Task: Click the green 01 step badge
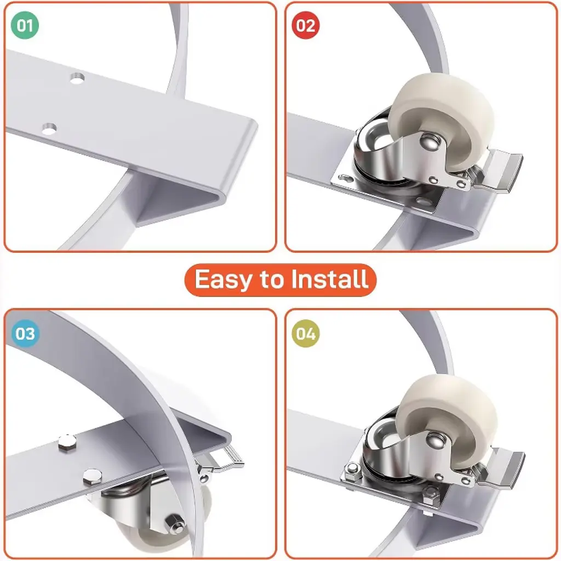[x=25, y=25]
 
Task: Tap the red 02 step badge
[x=306, y=25]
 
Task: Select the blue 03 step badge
[x=25, y=334]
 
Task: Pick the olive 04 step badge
[x=306, y=334]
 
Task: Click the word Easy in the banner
[x=223, y=280]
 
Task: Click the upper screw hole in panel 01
[x=77, y=78]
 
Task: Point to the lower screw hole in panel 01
[x=49, y=128]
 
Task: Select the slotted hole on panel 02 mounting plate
[x=346, y=178]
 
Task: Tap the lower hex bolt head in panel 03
[x=92, y=477]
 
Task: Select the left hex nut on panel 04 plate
[x=353, y=468]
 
